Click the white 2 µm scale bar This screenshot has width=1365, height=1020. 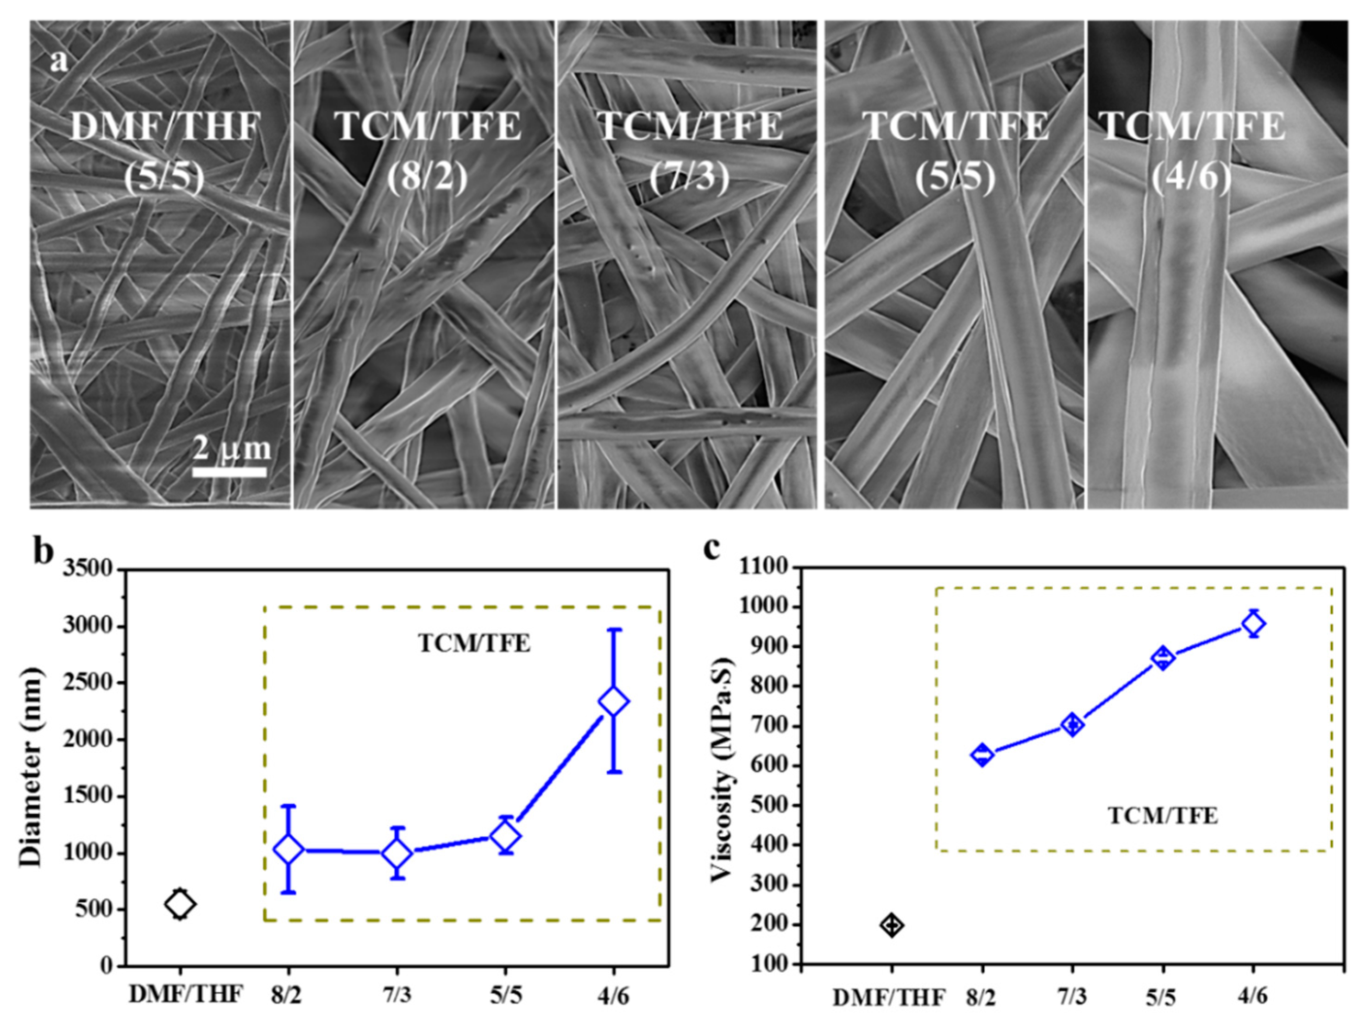click(229, 472)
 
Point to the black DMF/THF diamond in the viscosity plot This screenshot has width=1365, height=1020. click(892, 925)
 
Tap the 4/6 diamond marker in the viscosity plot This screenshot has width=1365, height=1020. click(1253, 624)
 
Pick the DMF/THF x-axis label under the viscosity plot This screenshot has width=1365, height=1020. click(889, 998)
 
